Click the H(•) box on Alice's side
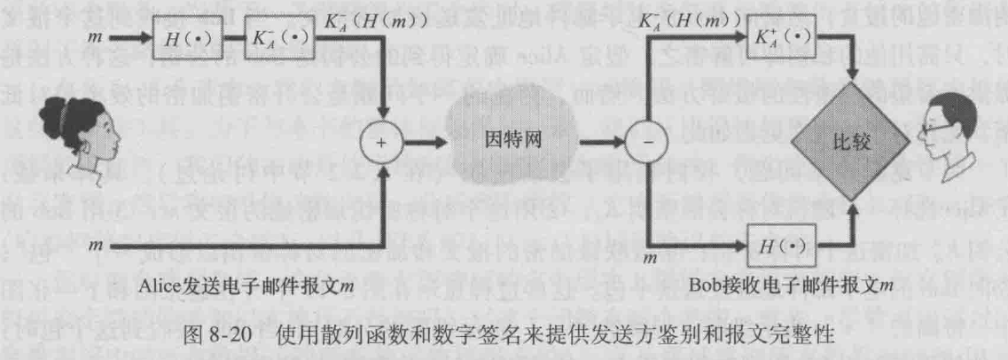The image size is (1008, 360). click(x=177, y=41)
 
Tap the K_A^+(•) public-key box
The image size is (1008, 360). click(x=781, y=41)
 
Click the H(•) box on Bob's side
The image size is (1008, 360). click(x=781, y=244)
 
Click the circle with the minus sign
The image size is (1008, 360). click(x=649, y=141)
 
